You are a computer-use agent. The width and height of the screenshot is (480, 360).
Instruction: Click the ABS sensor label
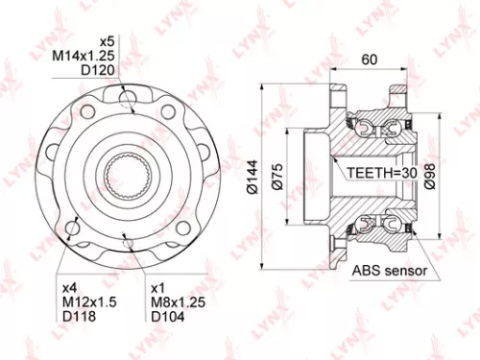point(390,272)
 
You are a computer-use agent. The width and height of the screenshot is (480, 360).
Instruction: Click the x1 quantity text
point(158,287)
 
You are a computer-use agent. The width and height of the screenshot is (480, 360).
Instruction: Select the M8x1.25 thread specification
point(175,302)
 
